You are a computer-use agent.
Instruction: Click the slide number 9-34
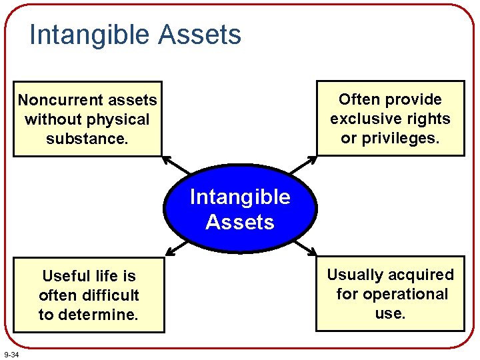11,355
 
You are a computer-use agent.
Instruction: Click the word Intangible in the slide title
90,35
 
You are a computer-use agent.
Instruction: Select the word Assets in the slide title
199,34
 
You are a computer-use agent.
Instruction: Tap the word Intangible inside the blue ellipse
240,197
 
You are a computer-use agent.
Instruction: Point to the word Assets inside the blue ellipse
240,221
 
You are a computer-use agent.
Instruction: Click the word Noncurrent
61,100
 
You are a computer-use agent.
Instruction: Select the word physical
118,120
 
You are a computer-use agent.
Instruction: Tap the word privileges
401,139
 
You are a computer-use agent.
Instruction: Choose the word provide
413,100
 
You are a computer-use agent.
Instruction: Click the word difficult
111,295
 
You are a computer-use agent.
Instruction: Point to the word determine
98,315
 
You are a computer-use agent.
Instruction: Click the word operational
405,295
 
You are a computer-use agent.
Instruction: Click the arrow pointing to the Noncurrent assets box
176,165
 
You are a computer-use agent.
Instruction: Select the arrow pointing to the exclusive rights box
303,165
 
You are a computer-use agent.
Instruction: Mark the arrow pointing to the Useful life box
177,248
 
